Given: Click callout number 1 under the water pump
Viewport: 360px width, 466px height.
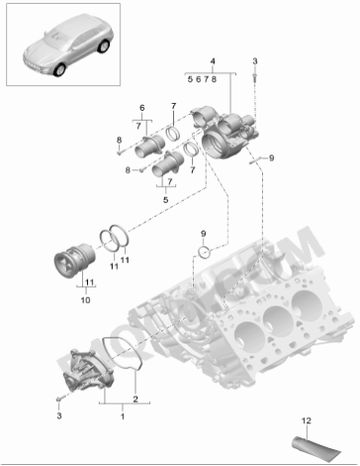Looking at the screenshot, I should (123, 417).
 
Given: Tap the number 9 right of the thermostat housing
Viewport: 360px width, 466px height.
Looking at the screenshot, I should (272, 156).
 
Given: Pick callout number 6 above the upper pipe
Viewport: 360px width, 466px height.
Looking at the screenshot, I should (140, 108).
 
